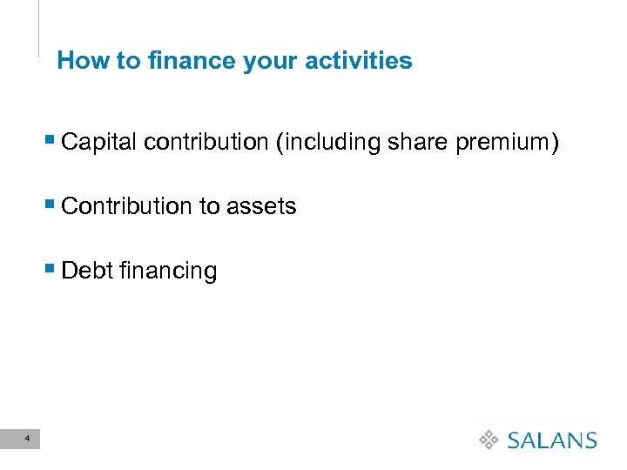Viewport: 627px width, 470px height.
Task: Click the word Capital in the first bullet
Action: (x=100, y=142)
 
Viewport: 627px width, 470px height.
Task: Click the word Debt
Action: (x=84, y=271)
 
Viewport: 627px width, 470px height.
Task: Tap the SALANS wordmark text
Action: (x=552, y=440)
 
